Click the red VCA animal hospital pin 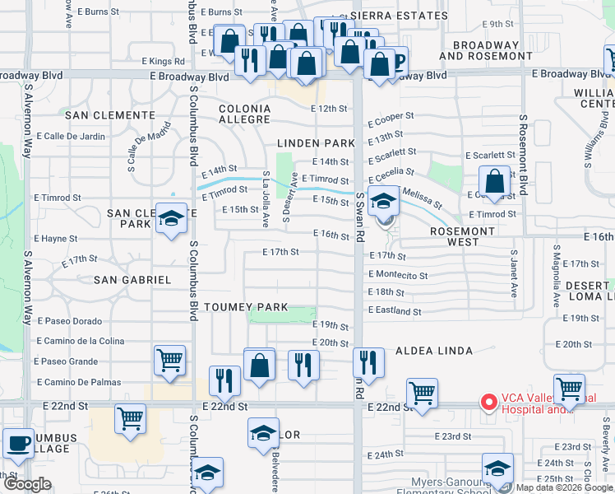488,403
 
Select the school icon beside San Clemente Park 171,219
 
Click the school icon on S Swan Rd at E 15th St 383,200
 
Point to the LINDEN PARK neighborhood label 316,143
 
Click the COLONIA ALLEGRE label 244,114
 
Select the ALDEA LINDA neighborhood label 434,351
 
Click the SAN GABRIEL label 132,280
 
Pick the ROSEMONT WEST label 463,236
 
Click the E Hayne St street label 56,239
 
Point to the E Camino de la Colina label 80,341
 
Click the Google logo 27,485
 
